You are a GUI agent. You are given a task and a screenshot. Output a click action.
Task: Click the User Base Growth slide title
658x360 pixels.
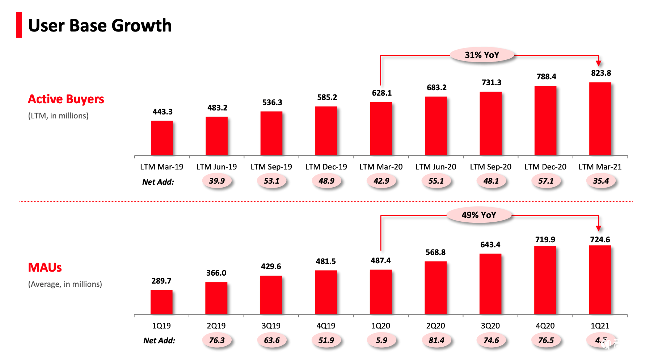point(100,25)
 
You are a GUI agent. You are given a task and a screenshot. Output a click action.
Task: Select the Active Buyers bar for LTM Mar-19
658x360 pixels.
point(162,138)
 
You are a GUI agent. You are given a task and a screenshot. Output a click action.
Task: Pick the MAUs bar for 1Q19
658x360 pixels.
point(161,302)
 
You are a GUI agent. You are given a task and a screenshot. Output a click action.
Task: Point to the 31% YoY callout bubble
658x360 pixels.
point(482,55)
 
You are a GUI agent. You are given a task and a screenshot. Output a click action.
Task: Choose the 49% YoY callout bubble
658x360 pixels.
point(479,215)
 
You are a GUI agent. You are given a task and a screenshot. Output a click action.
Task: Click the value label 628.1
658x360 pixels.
point(382,93)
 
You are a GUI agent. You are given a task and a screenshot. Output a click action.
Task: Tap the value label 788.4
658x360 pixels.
point(546,77)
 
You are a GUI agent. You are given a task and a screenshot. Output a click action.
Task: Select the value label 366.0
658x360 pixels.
point(216,273)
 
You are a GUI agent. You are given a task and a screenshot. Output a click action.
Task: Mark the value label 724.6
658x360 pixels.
point(600,240)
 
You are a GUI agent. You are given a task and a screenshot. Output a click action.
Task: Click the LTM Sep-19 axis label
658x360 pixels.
point(271,167)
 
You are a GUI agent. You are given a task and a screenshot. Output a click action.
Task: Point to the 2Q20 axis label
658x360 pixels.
point(435,326)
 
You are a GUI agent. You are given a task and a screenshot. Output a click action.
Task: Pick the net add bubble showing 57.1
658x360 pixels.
point(546,181)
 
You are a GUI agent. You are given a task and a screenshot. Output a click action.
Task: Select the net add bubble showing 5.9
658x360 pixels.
point(381,340)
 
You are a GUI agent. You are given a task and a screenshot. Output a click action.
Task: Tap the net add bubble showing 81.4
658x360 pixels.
point(436,340)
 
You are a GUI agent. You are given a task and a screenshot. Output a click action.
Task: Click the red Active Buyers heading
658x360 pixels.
point(66,99)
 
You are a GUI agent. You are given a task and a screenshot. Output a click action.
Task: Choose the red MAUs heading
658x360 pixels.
point(45,267)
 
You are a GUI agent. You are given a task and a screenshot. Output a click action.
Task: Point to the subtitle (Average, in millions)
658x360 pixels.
point(65,284)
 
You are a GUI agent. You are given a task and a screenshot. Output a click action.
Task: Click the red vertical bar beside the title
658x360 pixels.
point(19,25)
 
